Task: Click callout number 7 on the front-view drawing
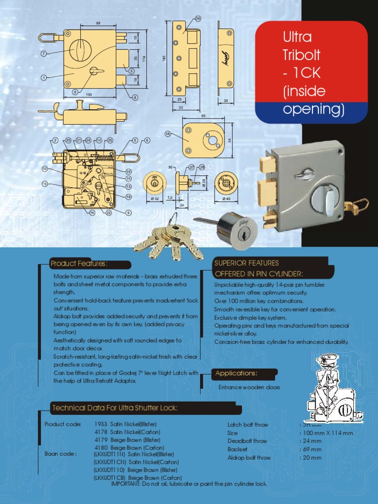pyautogui.click(x=44, y=53)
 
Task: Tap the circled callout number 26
pyautogui.click(x=198, y=18)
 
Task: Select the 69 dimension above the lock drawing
pyautogui.click(x=98, y=23)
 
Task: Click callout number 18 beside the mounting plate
pyautogui.click(x=168, y=133)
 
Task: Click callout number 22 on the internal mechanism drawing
pyautogui.click(x=109, y=213)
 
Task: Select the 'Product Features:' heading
pyautogui.click(x=79, y=264)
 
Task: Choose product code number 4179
pyautogui.click(x=101, y=440)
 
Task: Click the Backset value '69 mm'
pyautogui.click(x=312, y=449)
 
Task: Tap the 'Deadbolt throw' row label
pyautogui.click(x=247, y=441)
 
